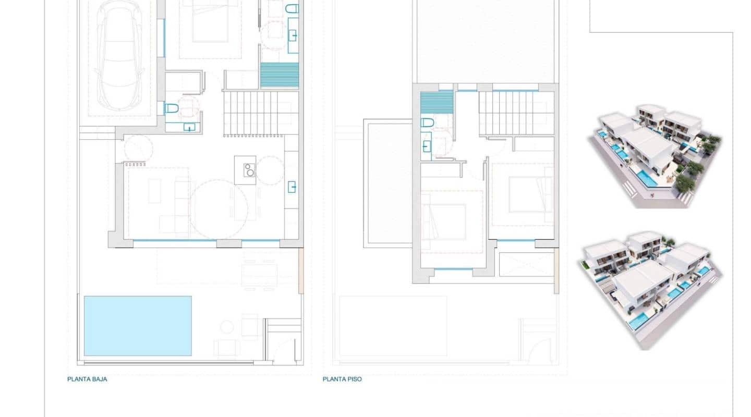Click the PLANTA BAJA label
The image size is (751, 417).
87,379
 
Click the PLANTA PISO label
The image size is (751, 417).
342,379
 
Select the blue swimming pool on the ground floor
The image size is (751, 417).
137,326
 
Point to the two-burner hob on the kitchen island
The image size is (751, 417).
249,170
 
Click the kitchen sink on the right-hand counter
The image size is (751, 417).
292,186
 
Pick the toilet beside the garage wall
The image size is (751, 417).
171,108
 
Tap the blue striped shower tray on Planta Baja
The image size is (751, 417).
279,75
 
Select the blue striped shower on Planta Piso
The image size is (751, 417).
437,102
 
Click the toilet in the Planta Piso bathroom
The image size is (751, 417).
427,123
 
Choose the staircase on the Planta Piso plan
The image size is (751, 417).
516,113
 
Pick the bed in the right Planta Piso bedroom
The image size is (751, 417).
529,194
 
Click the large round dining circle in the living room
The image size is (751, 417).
219,208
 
